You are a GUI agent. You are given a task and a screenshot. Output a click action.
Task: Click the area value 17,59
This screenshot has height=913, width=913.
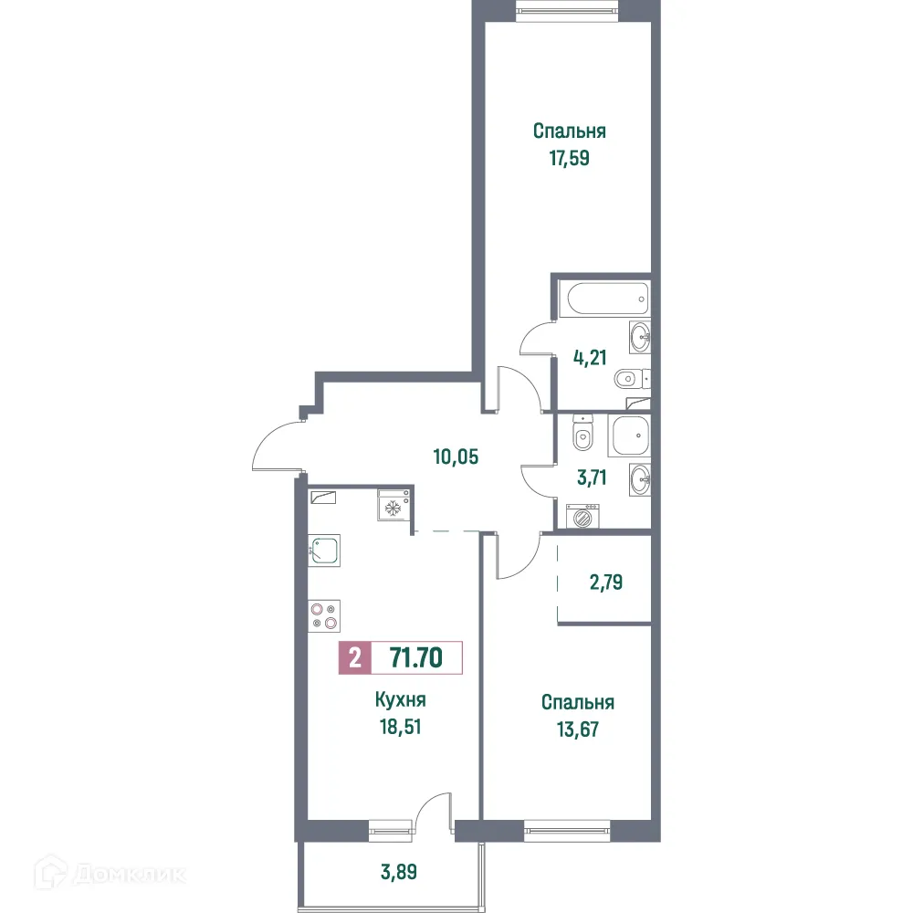(570, 157)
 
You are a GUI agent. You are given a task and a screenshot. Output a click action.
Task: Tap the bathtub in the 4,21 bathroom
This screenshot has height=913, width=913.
(604, 297)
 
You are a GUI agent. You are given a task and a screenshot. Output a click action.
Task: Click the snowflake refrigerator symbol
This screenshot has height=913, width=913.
(393, 506)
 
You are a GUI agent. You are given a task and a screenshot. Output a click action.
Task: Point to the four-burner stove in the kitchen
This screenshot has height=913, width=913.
(324, 614)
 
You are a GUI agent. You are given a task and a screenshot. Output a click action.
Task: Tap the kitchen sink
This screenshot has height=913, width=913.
(324, 551)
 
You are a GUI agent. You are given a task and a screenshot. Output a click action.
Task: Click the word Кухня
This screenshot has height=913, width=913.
(401, 700)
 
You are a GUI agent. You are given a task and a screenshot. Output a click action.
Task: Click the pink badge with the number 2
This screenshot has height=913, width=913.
(354, 657)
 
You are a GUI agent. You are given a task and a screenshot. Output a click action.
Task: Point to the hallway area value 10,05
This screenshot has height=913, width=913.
(456, 456)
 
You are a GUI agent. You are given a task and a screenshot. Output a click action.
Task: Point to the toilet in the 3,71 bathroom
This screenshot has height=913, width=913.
(582, 435)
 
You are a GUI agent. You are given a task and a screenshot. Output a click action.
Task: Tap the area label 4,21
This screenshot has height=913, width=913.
(590, 357)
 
